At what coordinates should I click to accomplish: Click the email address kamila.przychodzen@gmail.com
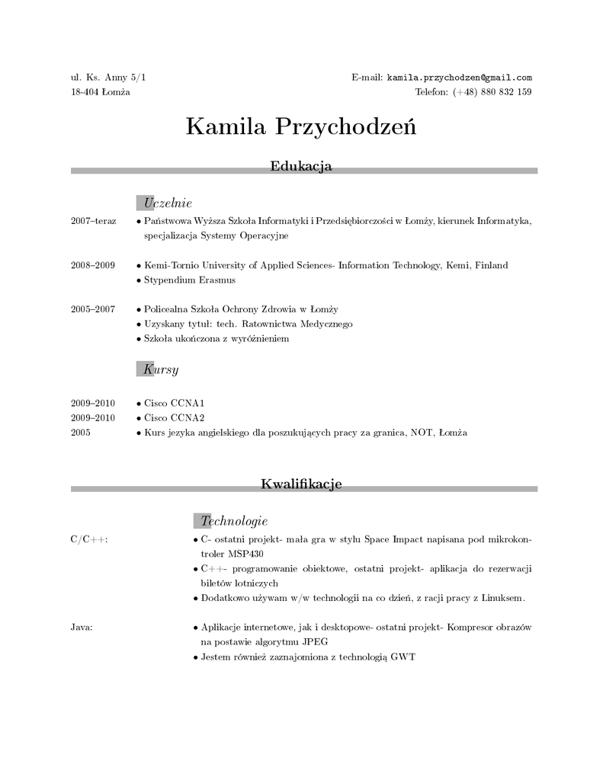(459, 78)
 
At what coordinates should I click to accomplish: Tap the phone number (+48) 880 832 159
(492, 92)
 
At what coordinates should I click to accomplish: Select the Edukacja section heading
(301, 165)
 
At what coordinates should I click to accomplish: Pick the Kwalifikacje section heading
(301, 484)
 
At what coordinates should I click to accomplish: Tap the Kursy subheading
(160, 369)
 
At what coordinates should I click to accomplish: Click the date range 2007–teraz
(93, 221)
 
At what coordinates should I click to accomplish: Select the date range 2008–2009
(92, 265)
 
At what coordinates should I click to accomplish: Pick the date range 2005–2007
(92, 309)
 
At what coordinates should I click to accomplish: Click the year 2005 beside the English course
(81, 433)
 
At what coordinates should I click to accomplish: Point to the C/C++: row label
(89, 540)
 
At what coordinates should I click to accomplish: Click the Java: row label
(82, 628)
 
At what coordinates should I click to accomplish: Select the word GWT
(403, 657)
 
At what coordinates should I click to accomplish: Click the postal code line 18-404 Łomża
(100, 92)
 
